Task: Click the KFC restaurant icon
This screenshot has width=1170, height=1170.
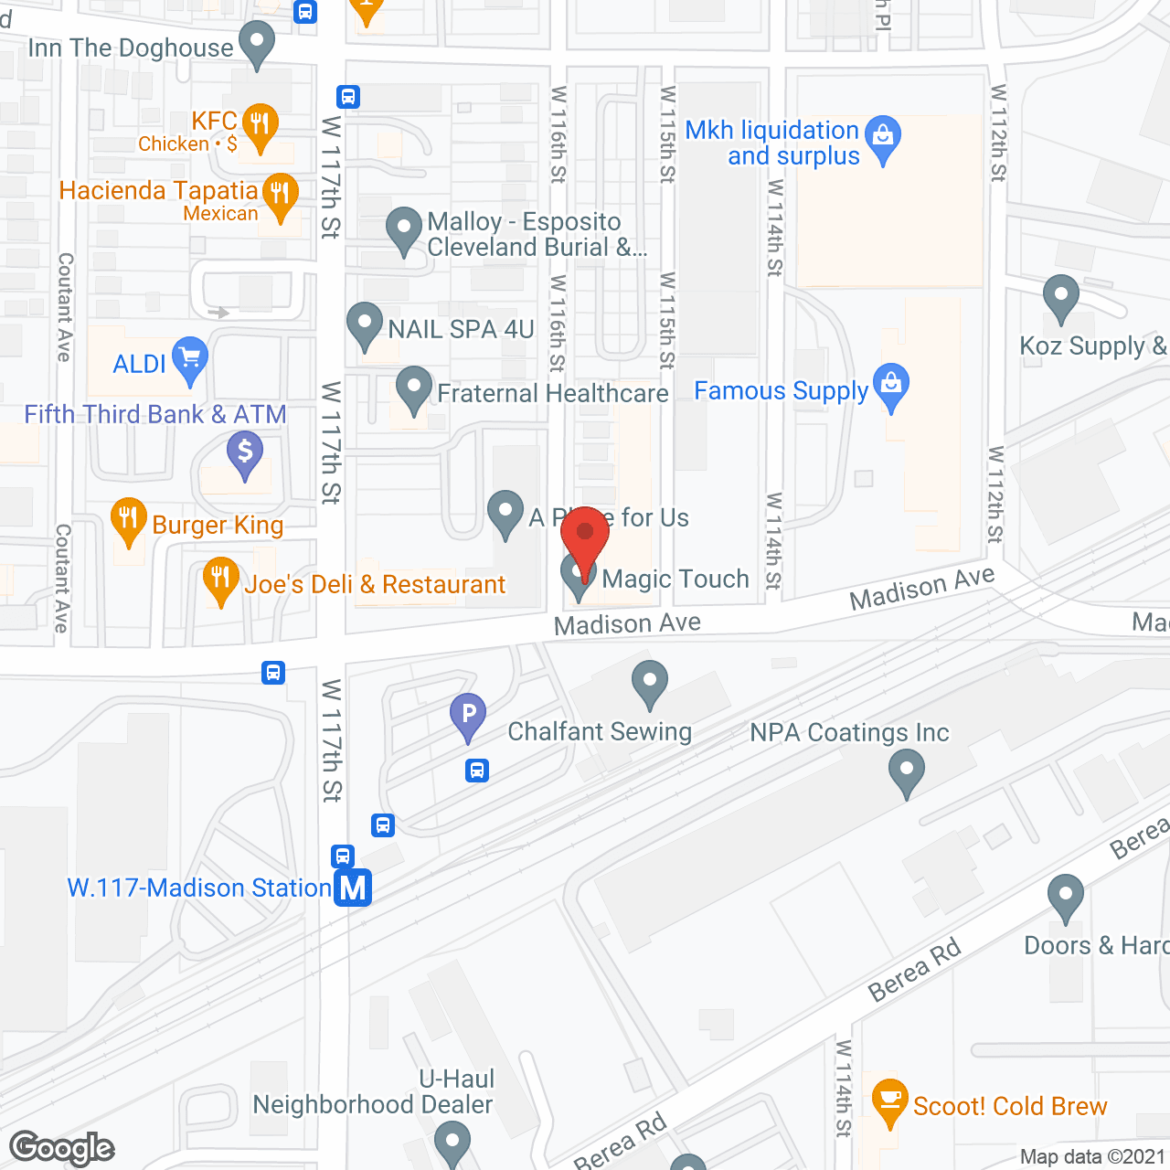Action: pyautogui.click(x=261, y=125)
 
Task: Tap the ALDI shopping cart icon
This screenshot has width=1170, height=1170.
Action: pyautogui.click(x=190, y=359)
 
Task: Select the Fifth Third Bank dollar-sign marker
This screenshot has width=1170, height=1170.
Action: pyautogui.click(x=244, y=452)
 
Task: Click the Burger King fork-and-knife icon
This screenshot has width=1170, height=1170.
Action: pyautogui.click(x=129, y=520)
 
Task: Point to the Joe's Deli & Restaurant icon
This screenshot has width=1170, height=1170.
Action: pyautogui.click(x=220, y=579)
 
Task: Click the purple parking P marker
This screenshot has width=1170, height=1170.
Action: pyautogui.click(x=468, y=715)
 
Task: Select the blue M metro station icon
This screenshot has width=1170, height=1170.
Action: pyautogui.click(x=353, y=888)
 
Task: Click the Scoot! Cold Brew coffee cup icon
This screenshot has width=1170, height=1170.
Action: pyautogui.click(x=889, y=1101)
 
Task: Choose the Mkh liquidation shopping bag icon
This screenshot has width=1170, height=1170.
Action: pyautogui.click(x=883, y=137)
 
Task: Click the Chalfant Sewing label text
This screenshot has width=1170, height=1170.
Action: pyautogui.click(x=600, y=732)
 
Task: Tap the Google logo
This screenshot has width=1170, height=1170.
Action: pyautogui.click(x=62, y=1148)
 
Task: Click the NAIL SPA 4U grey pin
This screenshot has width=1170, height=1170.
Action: pyautogui.click(x=365, y=324)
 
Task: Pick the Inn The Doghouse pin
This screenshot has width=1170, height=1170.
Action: pyautogui.click(x=257, y=43)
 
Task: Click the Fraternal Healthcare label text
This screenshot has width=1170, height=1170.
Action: pyautogui.click(x=553, y=394)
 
